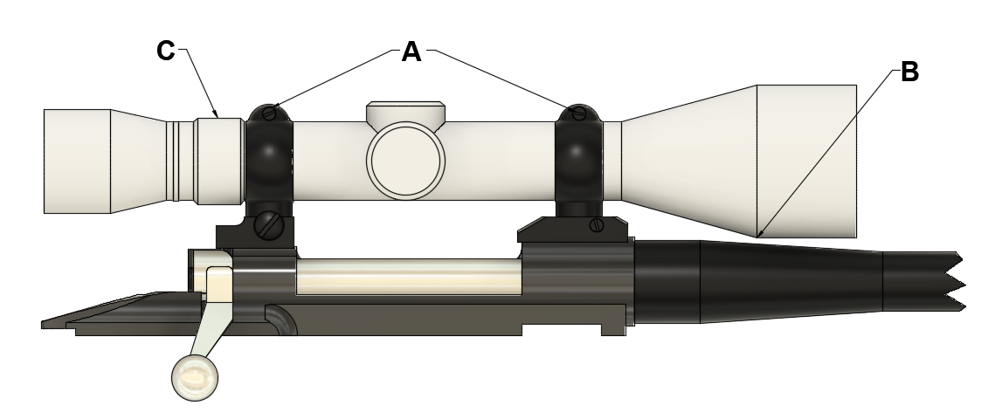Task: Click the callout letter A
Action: tap(411, 52)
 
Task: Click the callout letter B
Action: tap(909, 72)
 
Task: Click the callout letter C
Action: tap(166, 52)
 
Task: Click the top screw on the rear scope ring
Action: tap(270, 113)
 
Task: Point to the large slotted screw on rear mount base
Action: tap(268, 226)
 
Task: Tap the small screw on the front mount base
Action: tap(598, 225)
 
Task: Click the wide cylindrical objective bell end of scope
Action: tap(805, 161)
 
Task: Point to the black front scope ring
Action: tap(577, 161)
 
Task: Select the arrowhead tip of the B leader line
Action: tap(759, 235)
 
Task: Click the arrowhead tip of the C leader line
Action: tap(217, 116)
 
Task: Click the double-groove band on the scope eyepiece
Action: tap(177, 161)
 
